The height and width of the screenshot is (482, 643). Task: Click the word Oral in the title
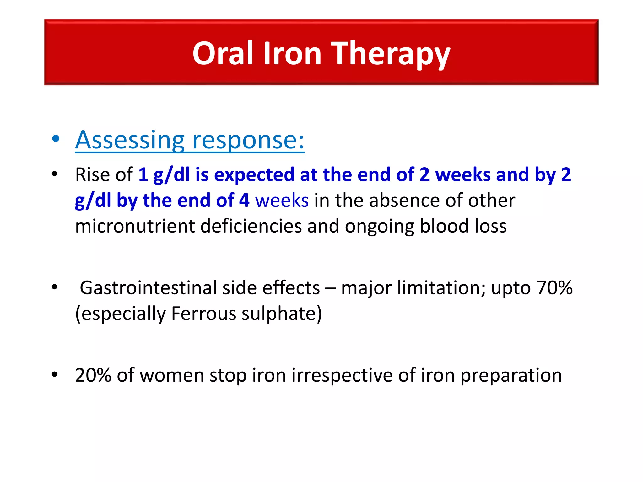[x=222, y=53]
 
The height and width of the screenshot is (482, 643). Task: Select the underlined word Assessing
[x=130, y=140]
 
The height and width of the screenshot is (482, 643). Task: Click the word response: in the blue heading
[x=248, y=141]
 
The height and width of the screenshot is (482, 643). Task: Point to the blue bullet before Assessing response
[x=56, y=139]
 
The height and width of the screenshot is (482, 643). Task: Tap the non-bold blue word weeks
[x=282, y=201]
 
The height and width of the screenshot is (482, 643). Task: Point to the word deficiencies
[x=251, y=226]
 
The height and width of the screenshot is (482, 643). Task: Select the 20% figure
[x=93, y=375]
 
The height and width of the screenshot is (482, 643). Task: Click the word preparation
[x=511, y=375]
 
